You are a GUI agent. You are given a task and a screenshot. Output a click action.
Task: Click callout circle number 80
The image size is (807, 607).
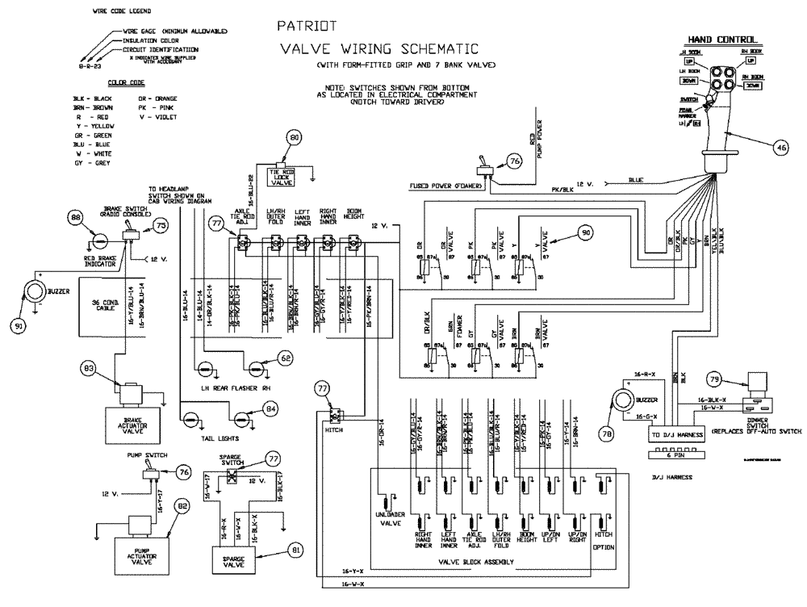[x=295, y=137]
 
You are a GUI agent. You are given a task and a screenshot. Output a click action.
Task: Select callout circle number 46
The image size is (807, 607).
[x=781, y=148]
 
